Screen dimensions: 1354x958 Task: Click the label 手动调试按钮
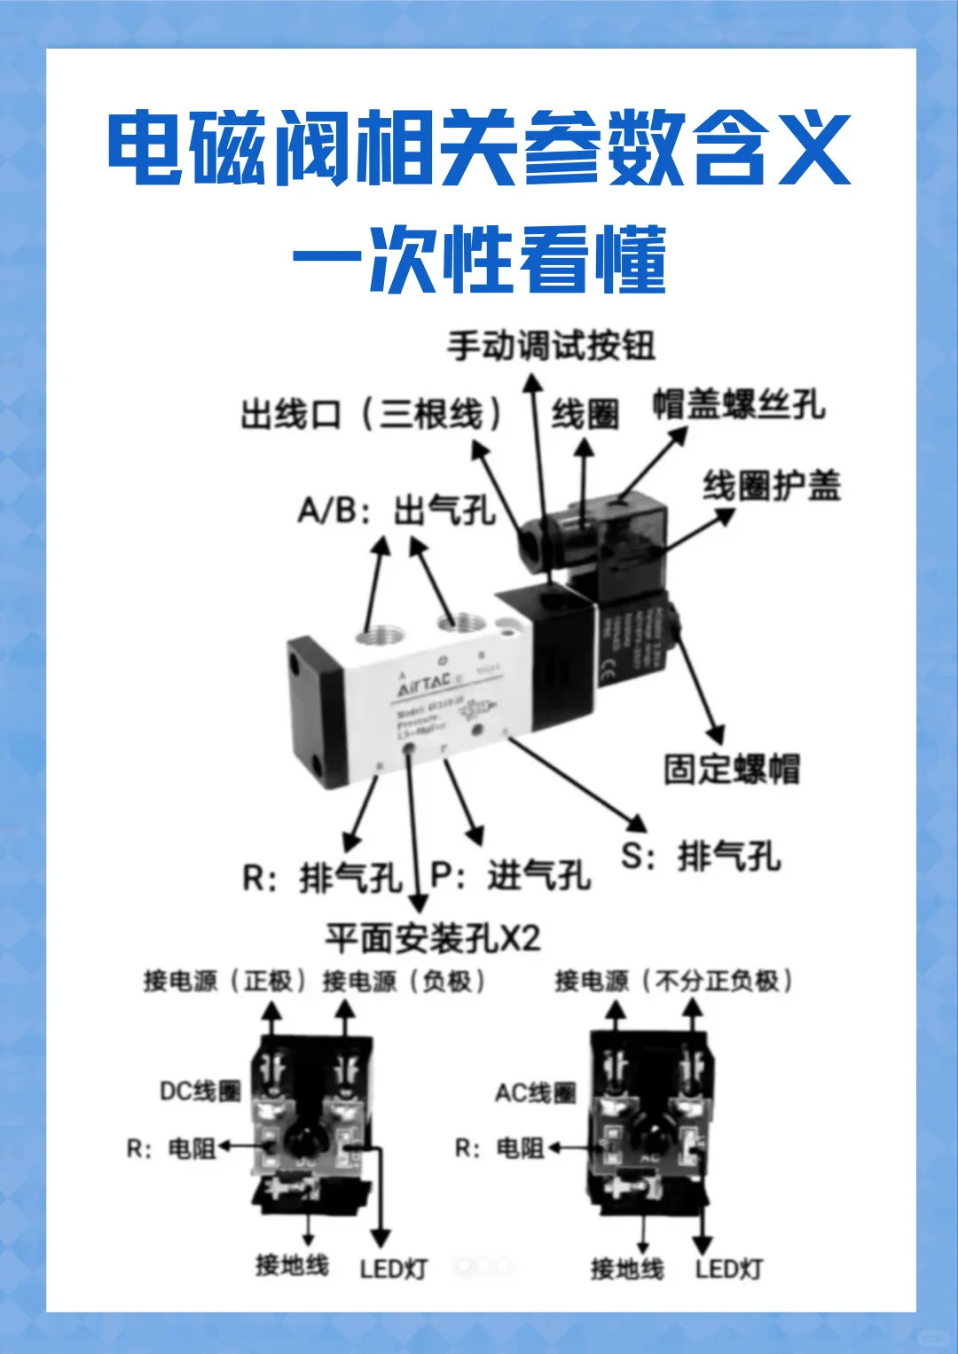pyautogui.click(x=551, y=346)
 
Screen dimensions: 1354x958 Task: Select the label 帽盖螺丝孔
pyautogui.click(x=739, y=404)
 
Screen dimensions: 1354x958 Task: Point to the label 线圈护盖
pyautogui.click(x=771, y=486)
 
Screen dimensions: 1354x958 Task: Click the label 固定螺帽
pyautogui.click(x=732, y=769)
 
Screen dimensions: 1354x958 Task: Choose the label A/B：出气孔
pyautogui.click(x=396, y=511)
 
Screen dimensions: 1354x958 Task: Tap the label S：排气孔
pyautogui.click(x=701, y=857)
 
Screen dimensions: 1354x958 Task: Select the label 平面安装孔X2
pyautogui.click(x=432, y=937)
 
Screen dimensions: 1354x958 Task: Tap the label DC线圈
pyautogui.click(x=200, y=1091)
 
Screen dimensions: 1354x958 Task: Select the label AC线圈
pyautogui.click(x=535, y=1092)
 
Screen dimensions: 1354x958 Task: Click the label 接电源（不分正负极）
pyautogui.click(x=673, y=981)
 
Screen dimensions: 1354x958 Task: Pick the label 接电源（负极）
pyautogui.click(x=404, y=981)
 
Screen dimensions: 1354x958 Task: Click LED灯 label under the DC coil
pyautogui.click(x=393, y=1269)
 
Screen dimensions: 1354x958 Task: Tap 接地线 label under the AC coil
pyautogui.click(x=627, y=1269)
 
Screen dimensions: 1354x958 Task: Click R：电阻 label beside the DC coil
pyautogui.click(x=171, y=1149)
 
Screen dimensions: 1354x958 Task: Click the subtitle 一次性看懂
pyautogui.click(x=479, y=260)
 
